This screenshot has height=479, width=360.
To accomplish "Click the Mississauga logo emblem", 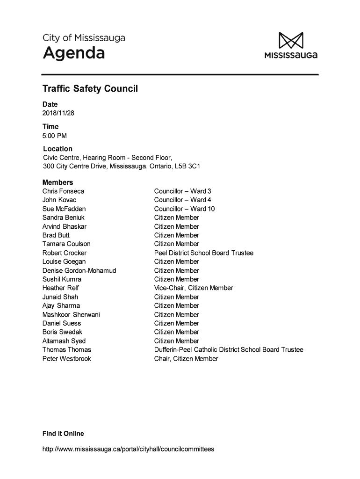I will (291, 40).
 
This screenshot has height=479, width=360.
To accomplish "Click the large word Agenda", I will (74, 54).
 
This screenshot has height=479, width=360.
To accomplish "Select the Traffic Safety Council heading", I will (90, 88).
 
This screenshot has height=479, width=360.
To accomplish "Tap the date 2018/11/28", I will (58, 113).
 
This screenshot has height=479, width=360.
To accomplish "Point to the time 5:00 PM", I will (55, 136).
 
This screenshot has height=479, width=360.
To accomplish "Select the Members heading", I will (58, 182).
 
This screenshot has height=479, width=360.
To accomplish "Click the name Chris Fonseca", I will (64, 191).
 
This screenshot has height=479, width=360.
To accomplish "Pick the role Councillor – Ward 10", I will (184, 209).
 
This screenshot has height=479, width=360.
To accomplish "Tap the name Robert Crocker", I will (65, 253).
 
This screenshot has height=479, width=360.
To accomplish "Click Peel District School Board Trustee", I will (203, 253).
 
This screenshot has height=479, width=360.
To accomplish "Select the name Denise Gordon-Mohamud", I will (79, 271).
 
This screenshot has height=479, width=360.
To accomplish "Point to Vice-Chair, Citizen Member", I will (193, 288).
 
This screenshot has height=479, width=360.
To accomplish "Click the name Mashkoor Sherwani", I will (71, 315).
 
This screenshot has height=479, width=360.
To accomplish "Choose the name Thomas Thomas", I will (67, 350).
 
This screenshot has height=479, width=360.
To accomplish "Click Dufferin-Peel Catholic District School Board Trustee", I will (229, 350).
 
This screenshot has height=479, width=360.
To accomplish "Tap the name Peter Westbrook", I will (67, 359).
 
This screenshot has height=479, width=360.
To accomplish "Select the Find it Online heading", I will (63, 434).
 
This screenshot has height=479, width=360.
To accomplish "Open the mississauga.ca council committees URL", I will (128, 449).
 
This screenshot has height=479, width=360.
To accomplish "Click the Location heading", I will (58, 149).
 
